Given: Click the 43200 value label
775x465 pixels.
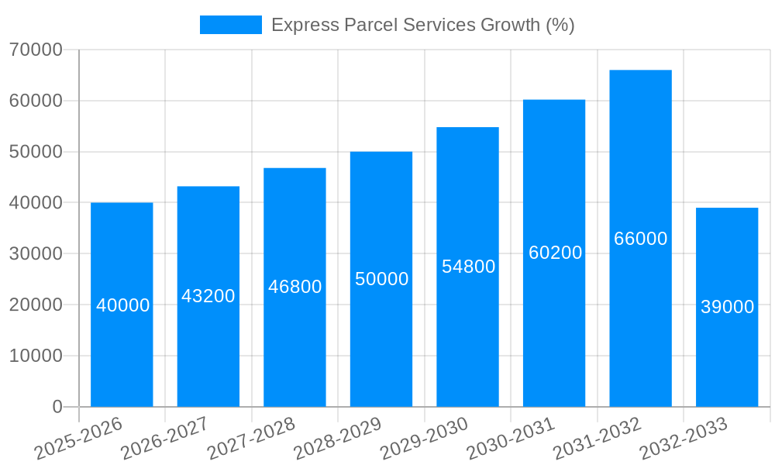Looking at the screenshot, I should [x=208, y=296].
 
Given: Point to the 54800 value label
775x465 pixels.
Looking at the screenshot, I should [x=468, y=267].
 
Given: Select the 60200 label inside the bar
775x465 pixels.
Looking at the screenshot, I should [x=555, y=253].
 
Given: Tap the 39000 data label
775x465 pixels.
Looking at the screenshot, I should [x=727, y=307].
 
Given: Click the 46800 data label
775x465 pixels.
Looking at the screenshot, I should [x=294, y=287].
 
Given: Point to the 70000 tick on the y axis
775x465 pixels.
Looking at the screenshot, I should [x=36, y=50].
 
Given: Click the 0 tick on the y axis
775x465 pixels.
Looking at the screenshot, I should [x=57, y=407].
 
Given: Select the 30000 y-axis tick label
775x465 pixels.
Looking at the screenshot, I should [x=36, y=253].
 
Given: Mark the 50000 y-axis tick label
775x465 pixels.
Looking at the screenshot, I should [x=36, y=152].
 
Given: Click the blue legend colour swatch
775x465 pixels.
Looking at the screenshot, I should [x=230, y=25].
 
